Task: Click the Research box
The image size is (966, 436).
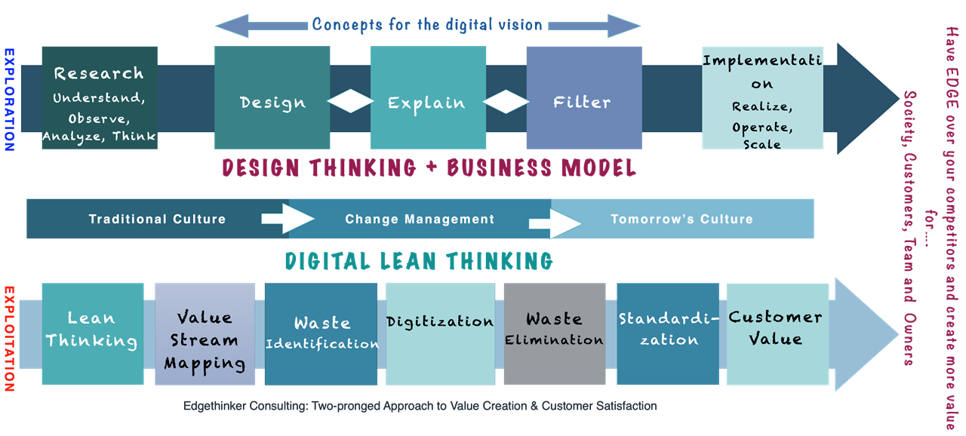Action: (100, 98)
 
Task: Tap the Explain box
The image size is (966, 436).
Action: (427, 98)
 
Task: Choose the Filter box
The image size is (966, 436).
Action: (583, 98)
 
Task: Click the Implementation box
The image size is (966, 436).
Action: (761, 98)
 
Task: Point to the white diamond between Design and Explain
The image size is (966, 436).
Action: (351, 101)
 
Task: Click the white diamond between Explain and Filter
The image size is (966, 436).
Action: (506, 101)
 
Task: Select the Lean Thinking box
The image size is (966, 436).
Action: (92, 333)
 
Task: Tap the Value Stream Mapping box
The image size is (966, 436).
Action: (205, 333)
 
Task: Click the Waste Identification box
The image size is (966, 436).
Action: (321, 333)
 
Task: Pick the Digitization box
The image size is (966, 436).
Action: (440, 333)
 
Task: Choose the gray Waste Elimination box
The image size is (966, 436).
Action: (555, 333)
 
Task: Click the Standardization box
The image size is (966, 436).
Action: (668, 333)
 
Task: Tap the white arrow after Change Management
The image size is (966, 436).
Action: (555, 223)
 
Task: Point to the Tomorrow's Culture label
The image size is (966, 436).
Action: (681, 220)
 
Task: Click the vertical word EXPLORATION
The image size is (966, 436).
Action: (9, 100)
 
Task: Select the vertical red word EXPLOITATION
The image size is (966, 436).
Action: (9, 337)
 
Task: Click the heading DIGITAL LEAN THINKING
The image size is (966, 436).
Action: (419, 261)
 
